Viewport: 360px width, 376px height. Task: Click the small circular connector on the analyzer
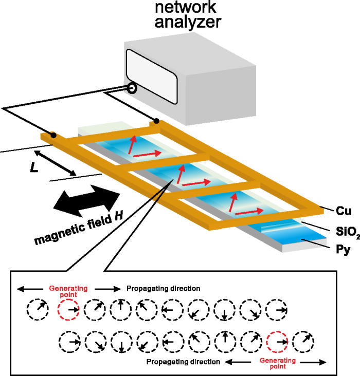(132, 88)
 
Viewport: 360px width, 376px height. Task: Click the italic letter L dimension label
(34, 167)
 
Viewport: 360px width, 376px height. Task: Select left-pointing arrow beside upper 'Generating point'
(30, 289)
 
